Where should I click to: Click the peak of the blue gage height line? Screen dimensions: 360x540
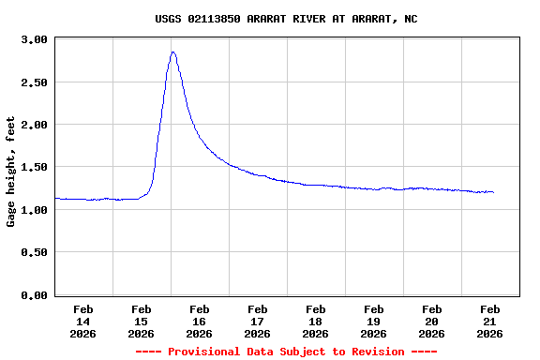[173, 52]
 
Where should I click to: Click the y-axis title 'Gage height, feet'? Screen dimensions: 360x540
[11, 172]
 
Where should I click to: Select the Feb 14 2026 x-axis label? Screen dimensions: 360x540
[82, 321]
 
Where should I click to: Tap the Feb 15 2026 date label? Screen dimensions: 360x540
[141, 321]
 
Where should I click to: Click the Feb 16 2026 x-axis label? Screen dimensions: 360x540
[199, 321]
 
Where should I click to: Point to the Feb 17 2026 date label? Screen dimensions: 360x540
[257, 321]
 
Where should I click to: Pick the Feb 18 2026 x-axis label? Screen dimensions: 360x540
[315, 321]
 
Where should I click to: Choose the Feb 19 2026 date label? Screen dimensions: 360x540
[373, 321]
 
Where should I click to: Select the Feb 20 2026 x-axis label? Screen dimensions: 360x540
[431, 321]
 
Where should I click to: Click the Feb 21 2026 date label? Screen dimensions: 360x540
[489, 321]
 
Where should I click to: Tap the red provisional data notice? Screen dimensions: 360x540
[286, 352]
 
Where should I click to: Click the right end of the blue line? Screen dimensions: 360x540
[493, 192]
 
